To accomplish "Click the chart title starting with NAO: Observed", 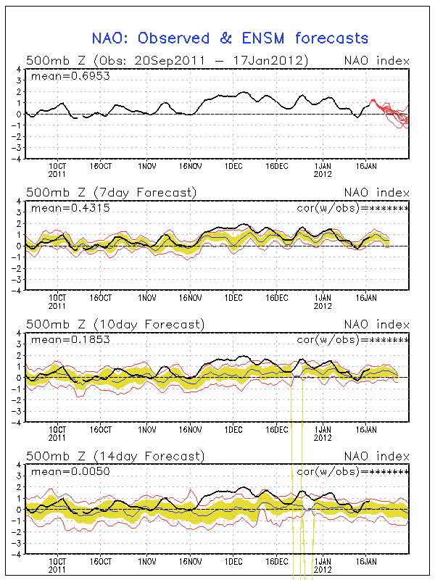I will [x=230, y=38].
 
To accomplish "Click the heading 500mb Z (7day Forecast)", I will [x=111, y=192].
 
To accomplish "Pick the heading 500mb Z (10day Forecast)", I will [x=115, y=324].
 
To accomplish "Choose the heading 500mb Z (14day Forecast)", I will [x=115, y=456].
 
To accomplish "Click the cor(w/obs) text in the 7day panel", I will [x=353, y=208].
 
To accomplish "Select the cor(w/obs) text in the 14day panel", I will [x=353, y=472].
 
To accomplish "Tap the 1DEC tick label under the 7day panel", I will [x=233, y=297].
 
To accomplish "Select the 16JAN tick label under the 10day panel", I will [x=367, y=429].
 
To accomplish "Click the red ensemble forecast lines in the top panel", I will [x=391, y=112].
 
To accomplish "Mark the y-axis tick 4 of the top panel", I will [x=19, y=70].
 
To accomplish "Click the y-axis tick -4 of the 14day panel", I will [x=17, y=553].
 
